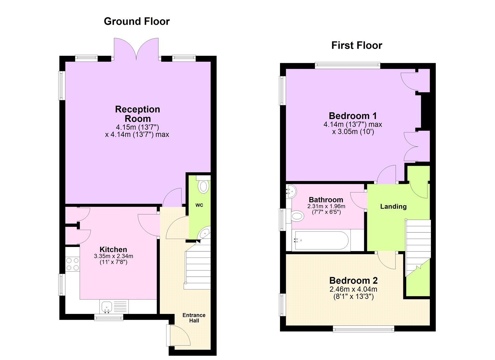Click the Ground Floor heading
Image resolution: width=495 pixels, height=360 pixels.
click(137, 21)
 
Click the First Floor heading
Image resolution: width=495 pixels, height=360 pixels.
click(357, 46)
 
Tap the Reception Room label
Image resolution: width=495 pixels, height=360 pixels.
click(137, 114)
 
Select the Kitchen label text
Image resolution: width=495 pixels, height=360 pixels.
click(113, 249)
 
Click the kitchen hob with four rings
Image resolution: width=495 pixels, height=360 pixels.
click(72, 264)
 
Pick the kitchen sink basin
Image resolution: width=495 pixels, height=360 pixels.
click(106, 307)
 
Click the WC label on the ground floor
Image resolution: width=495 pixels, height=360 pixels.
click(199, 205)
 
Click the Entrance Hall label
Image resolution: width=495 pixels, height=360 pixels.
click(194, 318)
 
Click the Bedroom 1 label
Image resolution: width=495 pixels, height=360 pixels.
click(353, 116)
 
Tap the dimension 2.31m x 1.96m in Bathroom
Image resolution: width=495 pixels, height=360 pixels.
click(326, 206)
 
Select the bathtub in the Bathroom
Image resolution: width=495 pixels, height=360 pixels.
click(322, 241)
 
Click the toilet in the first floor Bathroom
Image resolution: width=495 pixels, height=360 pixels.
click(297, 216)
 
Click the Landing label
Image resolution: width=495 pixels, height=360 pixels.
click(393, 206)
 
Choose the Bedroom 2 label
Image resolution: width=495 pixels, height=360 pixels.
click(353, 280)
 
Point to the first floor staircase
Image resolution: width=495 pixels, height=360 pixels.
click(418, 245)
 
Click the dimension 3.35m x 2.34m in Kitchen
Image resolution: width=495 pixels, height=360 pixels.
click(113, 256)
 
